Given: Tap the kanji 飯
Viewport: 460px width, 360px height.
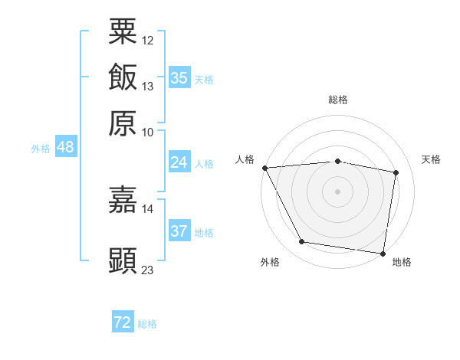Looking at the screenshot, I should (123, 77).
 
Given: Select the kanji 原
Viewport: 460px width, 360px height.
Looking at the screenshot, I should (123, 123).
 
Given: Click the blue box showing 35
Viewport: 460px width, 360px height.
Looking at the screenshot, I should (179, 78).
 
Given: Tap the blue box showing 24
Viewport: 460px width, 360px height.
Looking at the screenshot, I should (179, 162).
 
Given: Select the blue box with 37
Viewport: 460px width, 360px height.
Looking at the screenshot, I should (179, 231).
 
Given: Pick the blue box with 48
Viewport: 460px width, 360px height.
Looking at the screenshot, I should (65, 147).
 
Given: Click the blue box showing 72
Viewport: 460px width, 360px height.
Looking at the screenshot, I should (122, 322).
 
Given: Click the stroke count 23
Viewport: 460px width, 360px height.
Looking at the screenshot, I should (148, 270).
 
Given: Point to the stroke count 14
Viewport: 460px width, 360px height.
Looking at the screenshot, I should (148, 208).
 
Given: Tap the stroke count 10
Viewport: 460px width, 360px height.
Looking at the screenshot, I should (148, 132).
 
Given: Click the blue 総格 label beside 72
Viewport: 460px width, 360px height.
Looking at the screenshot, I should (147, 324).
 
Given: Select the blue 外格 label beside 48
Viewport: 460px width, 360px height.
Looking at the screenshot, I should (41, 149).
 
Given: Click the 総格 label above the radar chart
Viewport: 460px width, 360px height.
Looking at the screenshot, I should (337, 100).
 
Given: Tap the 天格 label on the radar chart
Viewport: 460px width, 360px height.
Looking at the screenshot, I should (431, 159).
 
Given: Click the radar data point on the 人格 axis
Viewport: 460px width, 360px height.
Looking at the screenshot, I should (264, 168).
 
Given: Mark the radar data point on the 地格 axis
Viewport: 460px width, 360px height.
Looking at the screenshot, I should (383, 253).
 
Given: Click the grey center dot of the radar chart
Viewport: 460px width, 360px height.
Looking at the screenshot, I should (337, 191).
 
